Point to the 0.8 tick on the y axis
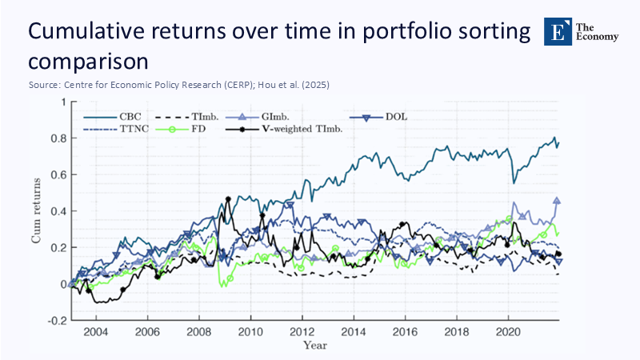[x=56, y=138]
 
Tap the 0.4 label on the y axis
[x=56, y=211]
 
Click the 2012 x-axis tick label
[x=302, y=332]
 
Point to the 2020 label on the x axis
[x=508, y=332]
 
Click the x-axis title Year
[x=314, y=345]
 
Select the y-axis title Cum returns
[x=38, y=210]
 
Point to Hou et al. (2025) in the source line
[x=285, y=84]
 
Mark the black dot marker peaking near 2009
[x=229, y=198]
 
